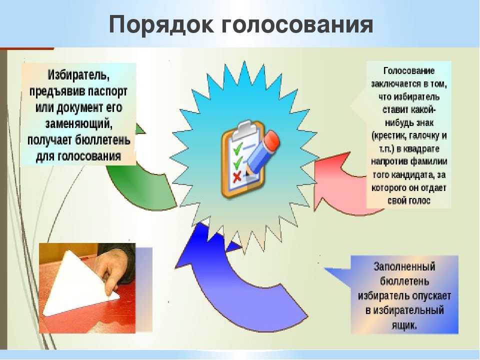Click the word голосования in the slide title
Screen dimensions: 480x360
297,25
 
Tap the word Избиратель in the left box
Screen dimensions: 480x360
78,74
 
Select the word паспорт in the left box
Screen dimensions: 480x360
107,91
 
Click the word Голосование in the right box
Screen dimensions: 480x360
409,70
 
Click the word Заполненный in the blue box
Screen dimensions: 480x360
404,266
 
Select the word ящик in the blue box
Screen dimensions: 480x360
404,325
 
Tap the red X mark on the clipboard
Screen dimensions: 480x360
236,177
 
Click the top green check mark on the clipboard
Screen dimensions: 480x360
237,147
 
